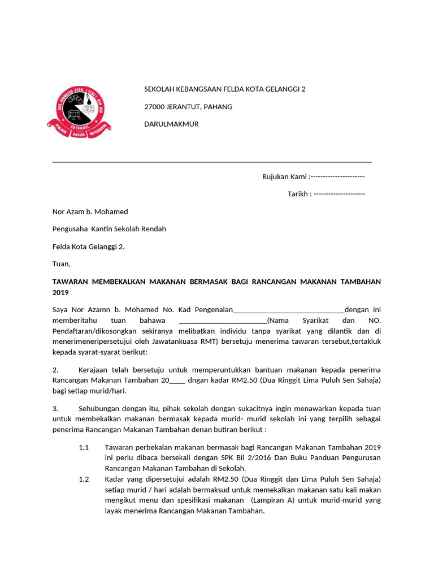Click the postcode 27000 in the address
click(x=155, y=107)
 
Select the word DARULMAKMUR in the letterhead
click(x=172, y=124)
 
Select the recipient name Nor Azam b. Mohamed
click(x=90, y=211)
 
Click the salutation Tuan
click(x=61, y=263)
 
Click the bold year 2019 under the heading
click(x=60, y=292)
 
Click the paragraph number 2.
click(x=55, y=369)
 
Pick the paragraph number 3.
click(x=55, y=408)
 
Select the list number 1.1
click(x=84, y=447)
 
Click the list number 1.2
click(x=84, y=479)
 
